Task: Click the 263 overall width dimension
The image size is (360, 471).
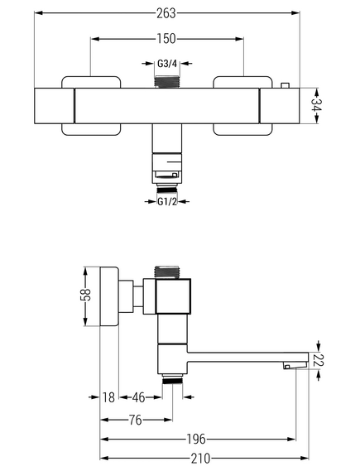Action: click(x=166, y=13)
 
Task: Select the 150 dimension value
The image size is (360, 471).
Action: click(x=166, y=39)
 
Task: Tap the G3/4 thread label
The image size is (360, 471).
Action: click(x=167, y=64)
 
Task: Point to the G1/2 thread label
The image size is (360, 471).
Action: click(x=167, y=201)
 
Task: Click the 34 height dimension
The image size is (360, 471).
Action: click(x=316, y=105)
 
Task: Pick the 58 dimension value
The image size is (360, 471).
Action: click(x=85, y=295)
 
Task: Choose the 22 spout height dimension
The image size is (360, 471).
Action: click(x=318, y=360)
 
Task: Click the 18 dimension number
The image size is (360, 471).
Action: click(x=108, y=397)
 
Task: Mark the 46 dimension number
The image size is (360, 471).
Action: click(x=138, y=397)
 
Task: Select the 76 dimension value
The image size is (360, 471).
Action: click(x=136, y=420)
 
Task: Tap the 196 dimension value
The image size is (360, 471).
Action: click(x=196, y=439)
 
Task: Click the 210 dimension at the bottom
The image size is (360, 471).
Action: click(x=200, y=459)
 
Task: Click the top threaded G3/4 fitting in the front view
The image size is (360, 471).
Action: click(x=167, y=82)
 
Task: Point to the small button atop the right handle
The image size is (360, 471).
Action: click(x=285, y=85)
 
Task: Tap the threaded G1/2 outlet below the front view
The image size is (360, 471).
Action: click(x=167, y=190)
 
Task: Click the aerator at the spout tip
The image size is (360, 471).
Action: click(x=295, y=365)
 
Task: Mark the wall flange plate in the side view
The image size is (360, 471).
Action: click(x=109, y=296)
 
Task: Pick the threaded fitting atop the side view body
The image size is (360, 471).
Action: click(x=167, y=272)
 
